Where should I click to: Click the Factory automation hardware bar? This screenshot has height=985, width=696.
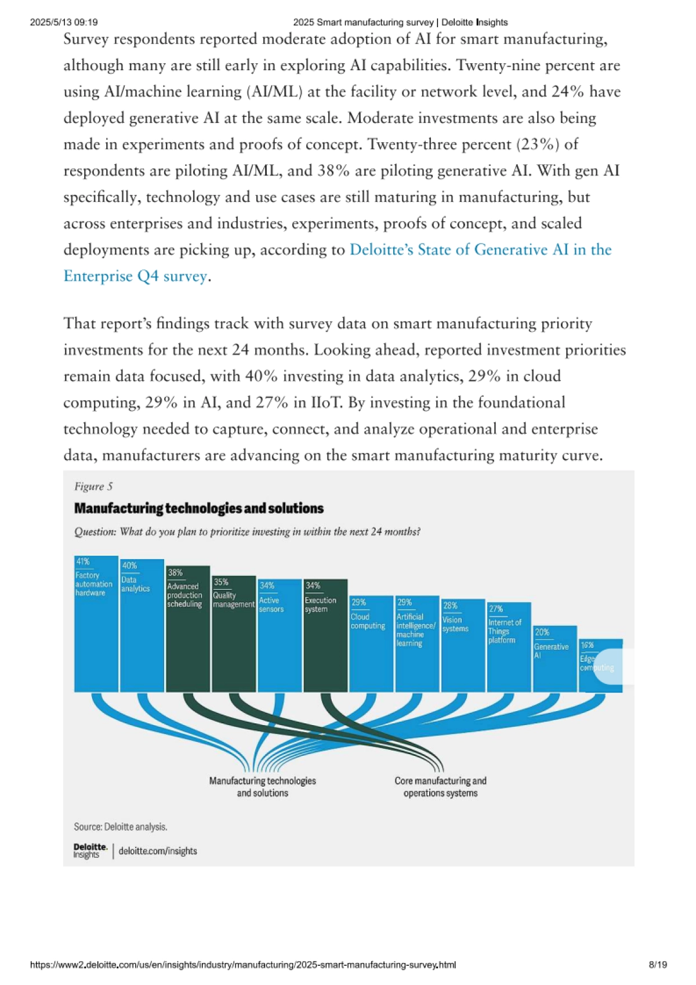click(96, 638)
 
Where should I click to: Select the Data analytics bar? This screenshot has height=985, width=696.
click(142, 638)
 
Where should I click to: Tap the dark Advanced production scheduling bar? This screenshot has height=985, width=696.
click(188, 644)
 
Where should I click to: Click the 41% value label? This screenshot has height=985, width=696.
click(83, 562)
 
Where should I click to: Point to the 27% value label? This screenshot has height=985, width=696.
click(496, 609)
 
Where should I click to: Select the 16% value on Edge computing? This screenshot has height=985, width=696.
click(587, 645)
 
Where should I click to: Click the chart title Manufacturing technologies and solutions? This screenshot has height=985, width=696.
click(199, 509)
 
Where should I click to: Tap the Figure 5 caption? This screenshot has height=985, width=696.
click(93, 487)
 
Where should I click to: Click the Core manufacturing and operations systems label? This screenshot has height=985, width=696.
click(440, 787)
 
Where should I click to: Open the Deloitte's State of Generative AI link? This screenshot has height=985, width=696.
click(480, 249)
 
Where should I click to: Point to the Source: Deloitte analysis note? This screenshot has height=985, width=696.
click(121, 827)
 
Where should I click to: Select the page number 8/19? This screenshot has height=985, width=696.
click(658, 965)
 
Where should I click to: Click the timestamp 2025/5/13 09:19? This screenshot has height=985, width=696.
click(64, 23)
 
